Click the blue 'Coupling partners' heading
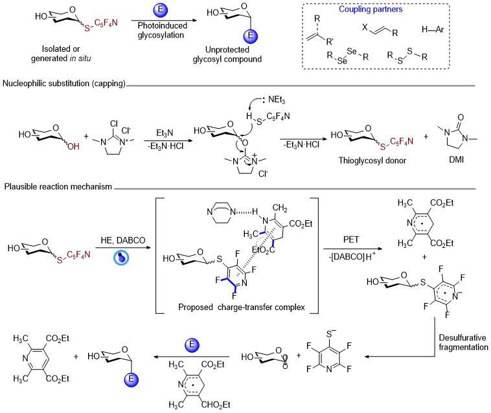371,9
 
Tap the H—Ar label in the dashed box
433,29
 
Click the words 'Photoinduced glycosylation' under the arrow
162,30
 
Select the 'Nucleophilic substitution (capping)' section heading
64,84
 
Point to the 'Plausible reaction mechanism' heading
58,187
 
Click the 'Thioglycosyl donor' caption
372,161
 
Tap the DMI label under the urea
456,159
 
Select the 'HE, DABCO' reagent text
123,240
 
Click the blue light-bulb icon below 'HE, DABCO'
121,258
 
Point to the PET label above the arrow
351,240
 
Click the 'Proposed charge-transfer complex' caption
242,307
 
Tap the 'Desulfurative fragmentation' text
463,342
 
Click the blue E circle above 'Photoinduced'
161,9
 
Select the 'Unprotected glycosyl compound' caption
227,54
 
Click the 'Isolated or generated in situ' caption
61,54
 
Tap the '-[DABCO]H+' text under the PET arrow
352,256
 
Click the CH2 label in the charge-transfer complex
280,208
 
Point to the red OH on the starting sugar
73,146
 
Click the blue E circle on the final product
131,379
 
